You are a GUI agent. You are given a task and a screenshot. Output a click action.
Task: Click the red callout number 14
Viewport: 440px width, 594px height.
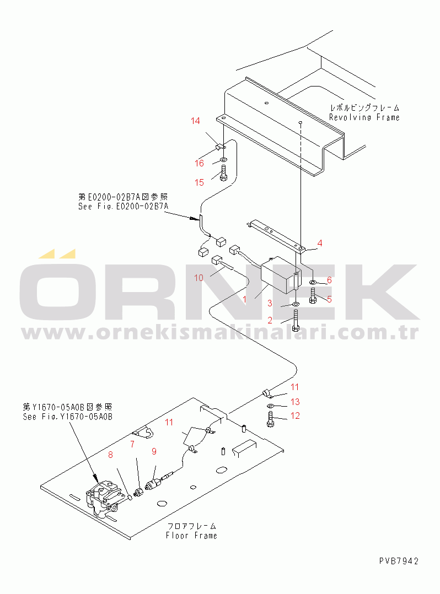tap(195, 121)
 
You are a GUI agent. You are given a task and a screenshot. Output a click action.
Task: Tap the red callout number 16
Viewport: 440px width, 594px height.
tap(200, 163)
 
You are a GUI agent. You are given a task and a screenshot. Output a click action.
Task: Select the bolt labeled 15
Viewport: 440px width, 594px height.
tap(223, 173)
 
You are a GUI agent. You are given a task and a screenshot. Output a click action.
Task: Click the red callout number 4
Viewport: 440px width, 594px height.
tap(320, 243)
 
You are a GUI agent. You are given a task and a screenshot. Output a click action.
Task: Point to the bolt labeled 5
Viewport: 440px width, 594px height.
tap(313, 296)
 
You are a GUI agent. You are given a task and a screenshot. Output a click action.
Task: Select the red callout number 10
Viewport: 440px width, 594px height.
tap(199, 278)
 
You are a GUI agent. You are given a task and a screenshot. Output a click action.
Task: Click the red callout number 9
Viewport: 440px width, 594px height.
tap(154, 451)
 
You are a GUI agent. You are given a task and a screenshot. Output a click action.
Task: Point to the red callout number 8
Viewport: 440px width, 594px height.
tap(110, 455)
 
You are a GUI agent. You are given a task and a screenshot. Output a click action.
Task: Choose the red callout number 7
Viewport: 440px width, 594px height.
tap(132, 444)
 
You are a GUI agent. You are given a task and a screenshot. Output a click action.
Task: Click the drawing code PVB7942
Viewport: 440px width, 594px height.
tap(399, 561)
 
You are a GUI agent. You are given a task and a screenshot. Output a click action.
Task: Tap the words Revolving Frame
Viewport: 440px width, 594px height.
tap(364, 117)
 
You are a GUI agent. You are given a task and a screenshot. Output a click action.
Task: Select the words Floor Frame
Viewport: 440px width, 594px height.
tap(191, 536)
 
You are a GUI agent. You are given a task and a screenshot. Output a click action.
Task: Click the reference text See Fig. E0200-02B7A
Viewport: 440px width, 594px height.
tap(123, 207)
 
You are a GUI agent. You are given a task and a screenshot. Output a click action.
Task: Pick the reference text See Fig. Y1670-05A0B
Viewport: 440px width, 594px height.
tap(67, 417)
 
